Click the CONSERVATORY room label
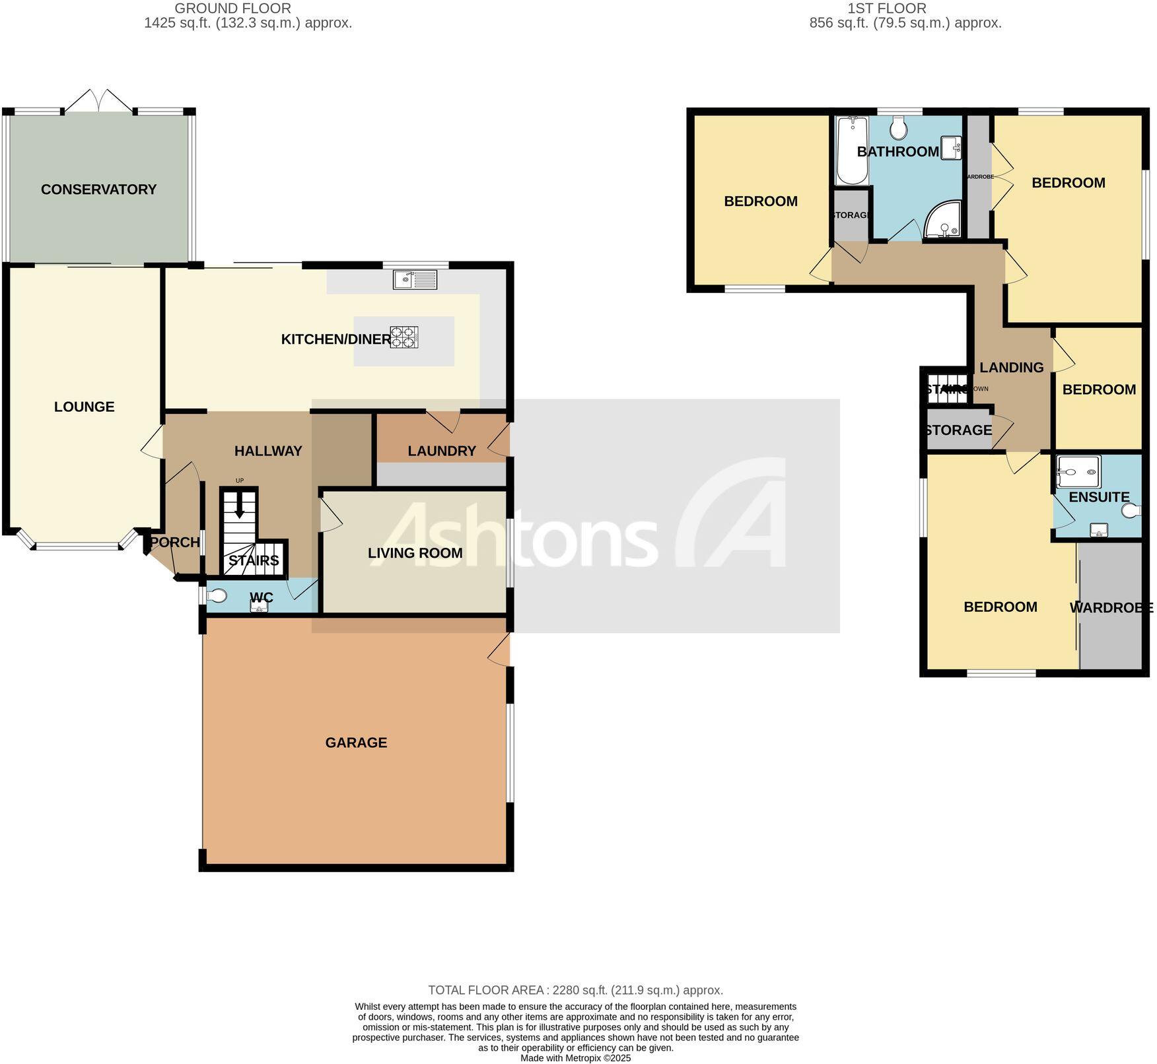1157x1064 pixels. [98, 189]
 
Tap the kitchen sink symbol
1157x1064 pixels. [415, 280]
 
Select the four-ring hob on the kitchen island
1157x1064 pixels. [404, 337]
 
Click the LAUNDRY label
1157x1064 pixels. [441, 451]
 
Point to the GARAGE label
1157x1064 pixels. [356, 743]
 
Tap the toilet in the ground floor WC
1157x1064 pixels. [216, 596]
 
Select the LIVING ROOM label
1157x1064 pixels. [415, 553]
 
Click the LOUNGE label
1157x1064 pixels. [84, 407]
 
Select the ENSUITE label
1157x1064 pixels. [1099, 497]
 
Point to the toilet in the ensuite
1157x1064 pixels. [1132, 510]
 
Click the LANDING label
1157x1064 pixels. [1011, 368]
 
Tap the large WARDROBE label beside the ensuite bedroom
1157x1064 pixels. [1111, 607]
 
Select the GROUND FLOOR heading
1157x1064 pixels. [232, 9]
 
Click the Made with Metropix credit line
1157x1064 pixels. [575, 1058]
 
